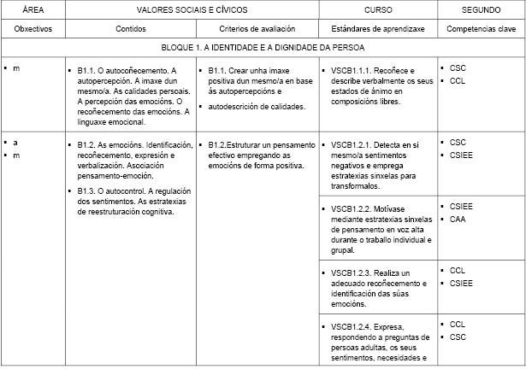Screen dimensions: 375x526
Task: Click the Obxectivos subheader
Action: [x=33, y=28]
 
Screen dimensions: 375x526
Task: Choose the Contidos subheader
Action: [x=131, y=28]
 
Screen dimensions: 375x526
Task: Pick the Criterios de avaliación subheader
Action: [x=257, y=28]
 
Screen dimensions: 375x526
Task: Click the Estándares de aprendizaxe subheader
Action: [x=378, y=28]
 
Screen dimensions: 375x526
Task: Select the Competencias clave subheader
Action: [x=482, y=28]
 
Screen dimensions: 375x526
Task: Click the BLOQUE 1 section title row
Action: [x=263, y=49]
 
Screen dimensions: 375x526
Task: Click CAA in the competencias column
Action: [x=458, y=219]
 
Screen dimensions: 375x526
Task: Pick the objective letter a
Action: [x=15, y=142]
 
